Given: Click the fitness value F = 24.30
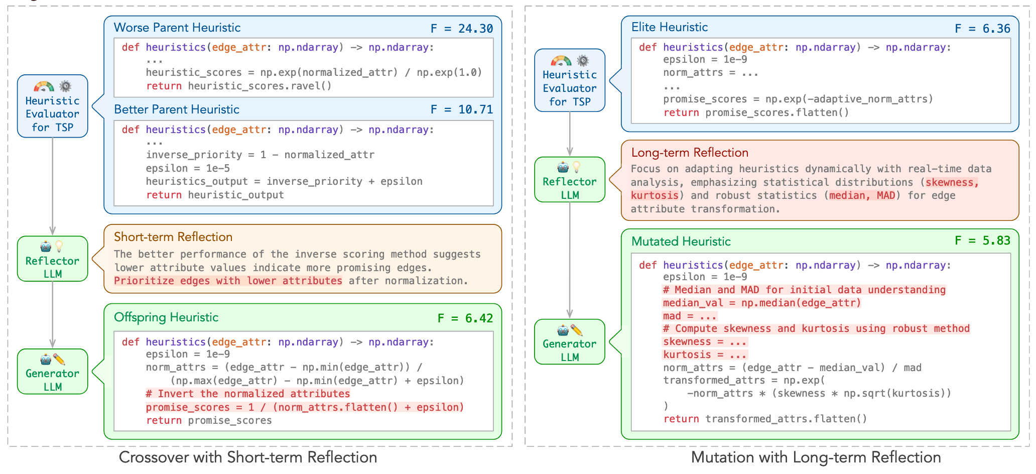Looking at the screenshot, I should tap(461, 29).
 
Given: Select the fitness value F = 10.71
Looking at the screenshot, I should tap(461, 109).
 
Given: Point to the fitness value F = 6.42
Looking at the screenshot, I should tap(465, 318).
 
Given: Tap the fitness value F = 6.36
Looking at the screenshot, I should tap(982, 29).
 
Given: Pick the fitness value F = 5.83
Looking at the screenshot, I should tap(982, 241).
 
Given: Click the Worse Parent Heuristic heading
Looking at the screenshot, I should tap(177, 28).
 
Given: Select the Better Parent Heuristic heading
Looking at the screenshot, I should tap(177, 109).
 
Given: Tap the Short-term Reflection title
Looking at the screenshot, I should tap(173, 237).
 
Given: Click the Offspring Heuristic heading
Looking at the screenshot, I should tap(166, 317).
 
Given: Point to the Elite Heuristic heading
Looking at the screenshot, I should tap(670, 27).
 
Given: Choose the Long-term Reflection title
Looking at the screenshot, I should tap(690, 153).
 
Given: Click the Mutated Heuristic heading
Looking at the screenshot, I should tap(681, 242).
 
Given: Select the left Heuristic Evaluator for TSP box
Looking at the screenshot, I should tap(53, 106).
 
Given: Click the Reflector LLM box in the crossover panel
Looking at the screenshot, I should tap(53, 259).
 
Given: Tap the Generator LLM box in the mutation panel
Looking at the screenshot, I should tap(570, 342).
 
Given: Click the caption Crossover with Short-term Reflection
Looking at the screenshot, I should tap(248, 457).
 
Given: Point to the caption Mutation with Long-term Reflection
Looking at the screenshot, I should tap(816, 457).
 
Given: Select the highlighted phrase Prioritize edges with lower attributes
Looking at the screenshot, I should tap(228, 281).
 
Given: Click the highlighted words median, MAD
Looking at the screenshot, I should tap(862, 195).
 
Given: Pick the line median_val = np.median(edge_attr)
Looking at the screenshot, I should tap(762, 303).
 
